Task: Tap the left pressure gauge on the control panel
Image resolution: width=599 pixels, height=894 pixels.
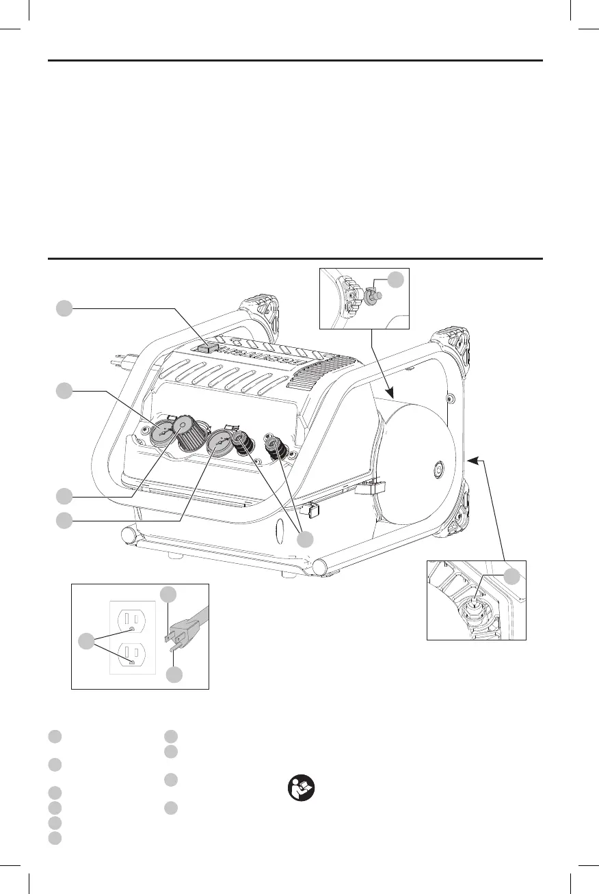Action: tap(164, 432)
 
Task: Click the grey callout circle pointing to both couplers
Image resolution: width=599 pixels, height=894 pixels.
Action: tap(305, 539)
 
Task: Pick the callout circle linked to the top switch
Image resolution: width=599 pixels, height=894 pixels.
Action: tap(64, 309)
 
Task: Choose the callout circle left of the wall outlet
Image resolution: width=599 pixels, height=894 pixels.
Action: tap(86, 641)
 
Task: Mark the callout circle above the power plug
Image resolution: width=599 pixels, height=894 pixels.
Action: tap(168, 593)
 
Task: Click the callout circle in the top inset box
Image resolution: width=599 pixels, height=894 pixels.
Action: tap(395, 279)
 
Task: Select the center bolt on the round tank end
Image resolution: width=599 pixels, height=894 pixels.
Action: tap(437, 470)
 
